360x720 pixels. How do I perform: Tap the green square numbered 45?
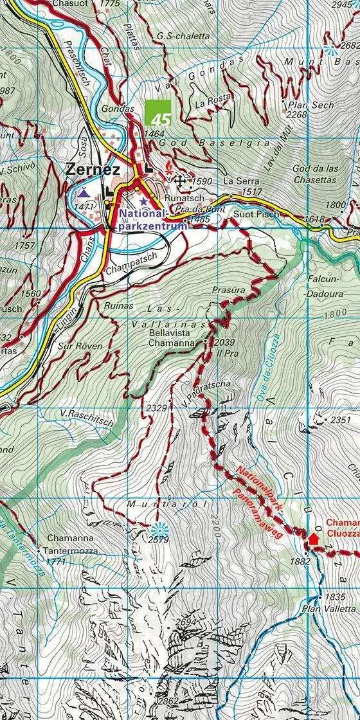click(x=158, y=113)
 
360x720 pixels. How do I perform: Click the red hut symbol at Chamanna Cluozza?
click(x=314, y=539)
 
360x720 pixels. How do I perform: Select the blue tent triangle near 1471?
click(x=83, y=192)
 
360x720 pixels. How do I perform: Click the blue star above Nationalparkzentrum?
click(x=143, y=201)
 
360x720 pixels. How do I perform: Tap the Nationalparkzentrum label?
click(x=152, y=219)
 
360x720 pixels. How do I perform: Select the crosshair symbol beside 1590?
click(x=181, y=182)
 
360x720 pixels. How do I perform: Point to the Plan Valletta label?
click(x=330, y=608)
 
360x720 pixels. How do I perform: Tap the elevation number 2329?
click(x=156, y=408)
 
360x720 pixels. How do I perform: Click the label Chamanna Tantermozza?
click(x=70, y=543)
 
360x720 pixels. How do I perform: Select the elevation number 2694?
click(x=184, y=622)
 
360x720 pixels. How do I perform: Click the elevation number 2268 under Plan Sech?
click(x=297, y=114)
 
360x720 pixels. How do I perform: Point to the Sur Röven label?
click(x=80, y=346)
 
